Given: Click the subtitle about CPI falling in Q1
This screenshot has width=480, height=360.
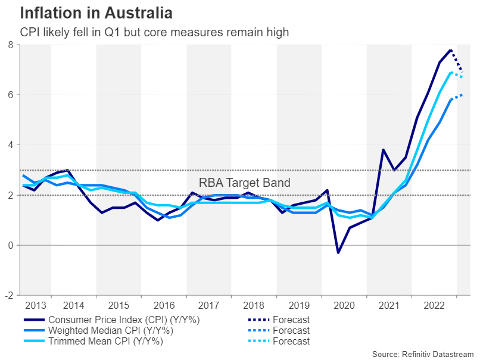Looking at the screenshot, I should (154, 32).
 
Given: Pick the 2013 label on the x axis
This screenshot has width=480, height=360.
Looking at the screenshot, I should (36, 305).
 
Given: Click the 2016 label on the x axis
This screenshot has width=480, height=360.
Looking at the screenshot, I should (164, 305).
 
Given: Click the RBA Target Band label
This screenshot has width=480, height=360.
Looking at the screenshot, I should (244, 183).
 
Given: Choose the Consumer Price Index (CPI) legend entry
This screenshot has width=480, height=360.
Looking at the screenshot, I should (124, 320).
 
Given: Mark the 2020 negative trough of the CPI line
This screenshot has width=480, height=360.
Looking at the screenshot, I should (338, 253).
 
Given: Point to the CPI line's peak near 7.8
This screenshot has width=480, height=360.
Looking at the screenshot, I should (451, 50).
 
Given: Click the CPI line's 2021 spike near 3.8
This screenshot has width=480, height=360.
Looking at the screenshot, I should (383, 149).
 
